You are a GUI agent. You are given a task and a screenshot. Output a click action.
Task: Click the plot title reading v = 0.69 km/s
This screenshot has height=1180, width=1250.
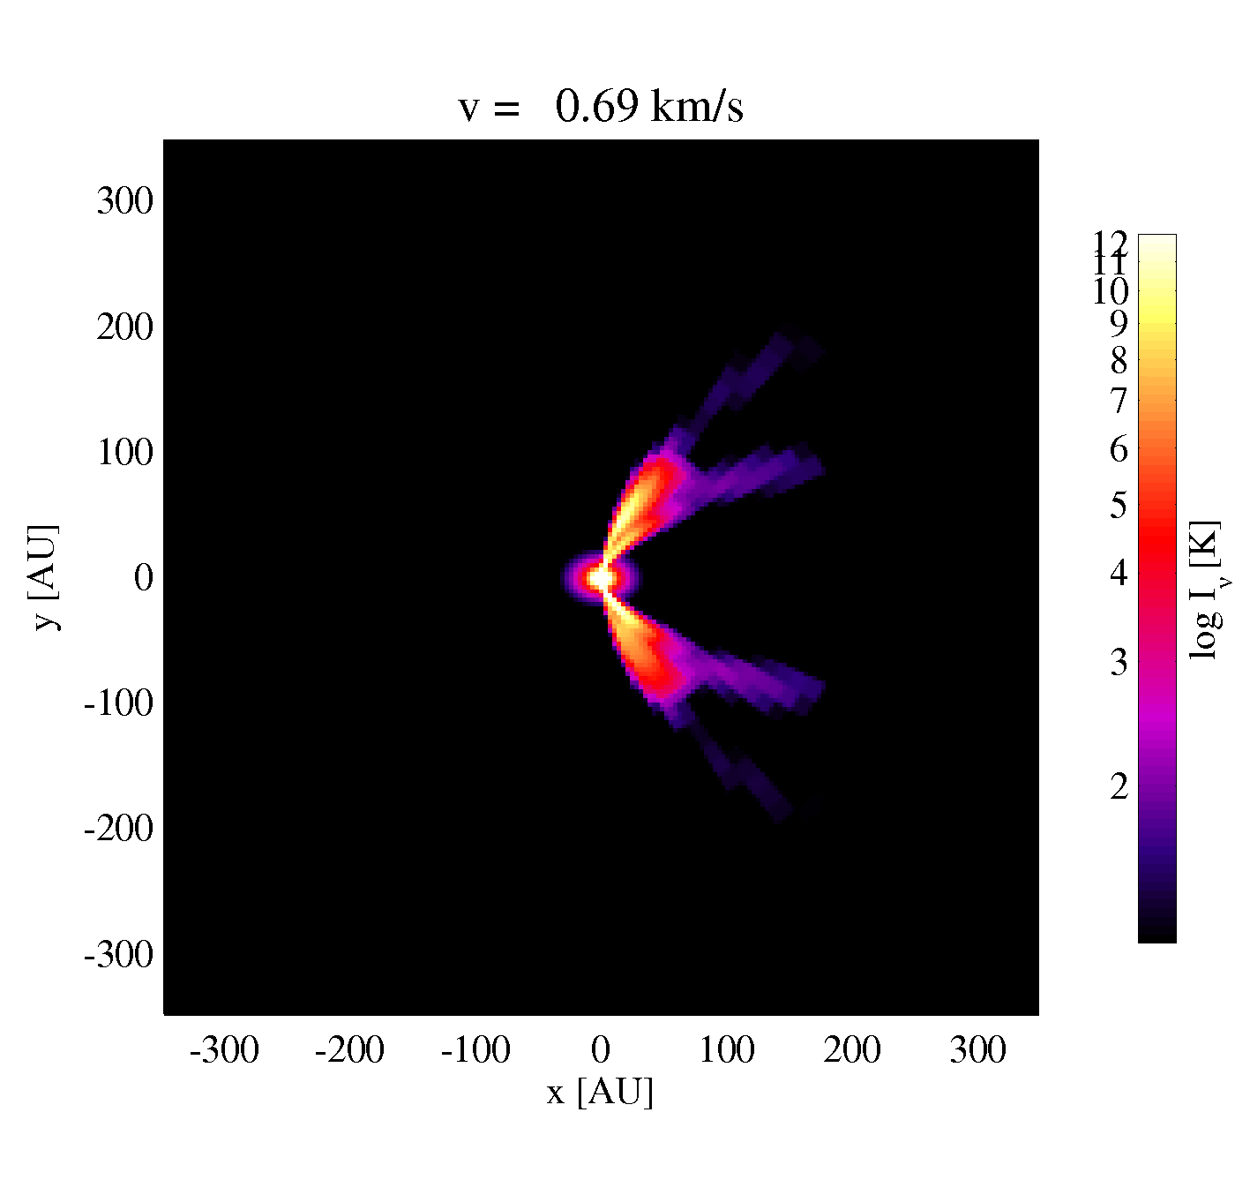coord(601,106)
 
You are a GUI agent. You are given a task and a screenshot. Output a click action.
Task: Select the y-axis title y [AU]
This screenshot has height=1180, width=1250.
coord(46,577)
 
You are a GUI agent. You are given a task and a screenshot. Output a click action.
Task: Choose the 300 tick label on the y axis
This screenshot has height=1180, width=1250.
coord(124,201)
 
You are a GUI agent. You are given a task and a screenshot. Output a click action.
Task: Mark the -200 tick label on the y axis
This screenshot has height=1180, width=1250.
coord(118,828)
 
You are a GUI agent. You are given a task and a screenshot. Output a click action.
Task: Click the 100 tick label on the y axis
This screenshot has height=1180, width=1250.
coord(124,453)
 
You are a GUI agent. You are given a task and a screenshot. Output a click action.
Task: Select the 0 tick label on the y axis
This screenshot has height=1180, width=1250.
coord(144,577)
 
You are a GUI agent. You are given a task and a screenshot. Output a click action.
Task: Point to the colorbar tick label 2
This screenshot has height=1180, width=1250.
coord(1119,786)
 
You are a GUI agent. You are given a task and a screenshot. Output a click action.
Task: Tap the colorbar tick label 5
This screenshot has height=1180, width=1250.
coord(1119,505)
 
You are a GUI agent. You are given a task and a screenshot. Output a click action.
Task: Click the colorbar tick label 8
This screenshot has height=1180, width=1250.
coord(1119,362)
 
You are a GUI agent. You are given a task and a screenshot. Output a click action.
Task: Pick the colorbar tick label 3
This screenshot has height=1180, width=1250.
coord(1119,663)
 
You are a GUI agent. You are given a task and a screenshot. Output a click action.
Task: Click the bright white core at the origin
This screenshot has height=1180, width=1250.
coord(601,577)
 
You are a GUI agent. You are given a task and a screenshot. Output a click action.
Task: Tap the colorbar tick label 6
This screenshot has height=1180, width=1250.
coord(1119,450)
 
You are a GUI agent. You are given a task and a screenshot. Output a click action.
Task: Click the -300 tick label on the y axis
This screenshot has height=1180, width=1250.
coord(118,954)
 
